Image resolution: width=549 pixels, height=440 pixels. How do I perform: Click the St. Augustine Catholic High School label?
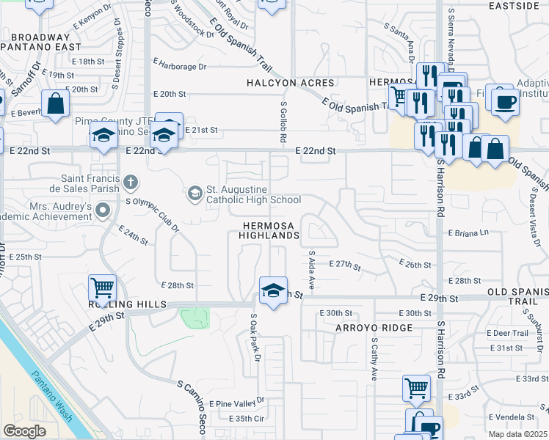tap(253, 194)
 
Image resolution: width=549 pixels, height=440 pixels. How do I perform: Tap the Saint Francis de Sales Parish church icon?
tap(130, 181)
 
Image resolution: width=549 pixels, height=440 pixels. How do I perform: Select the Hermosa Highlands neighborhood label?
tap(269, 229)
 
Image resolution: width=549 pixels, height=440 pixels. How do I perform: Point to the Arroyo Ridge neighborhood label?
tap(366, 328)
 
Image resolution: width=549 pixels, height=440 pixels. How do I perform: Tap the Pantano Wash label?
tap(51, 396)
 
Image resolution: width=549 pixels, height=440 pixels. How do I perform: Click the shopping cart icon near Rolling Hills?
tap(102, 287)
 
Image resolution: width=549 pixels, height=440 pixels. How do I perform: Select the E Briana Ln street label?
tap(468, 232)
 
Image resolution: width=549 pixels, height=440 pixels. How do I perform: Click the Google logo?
tap(24, 431)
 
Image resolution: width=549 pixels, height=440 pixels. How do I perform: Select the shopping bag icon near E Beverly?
tap(55, 103)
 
